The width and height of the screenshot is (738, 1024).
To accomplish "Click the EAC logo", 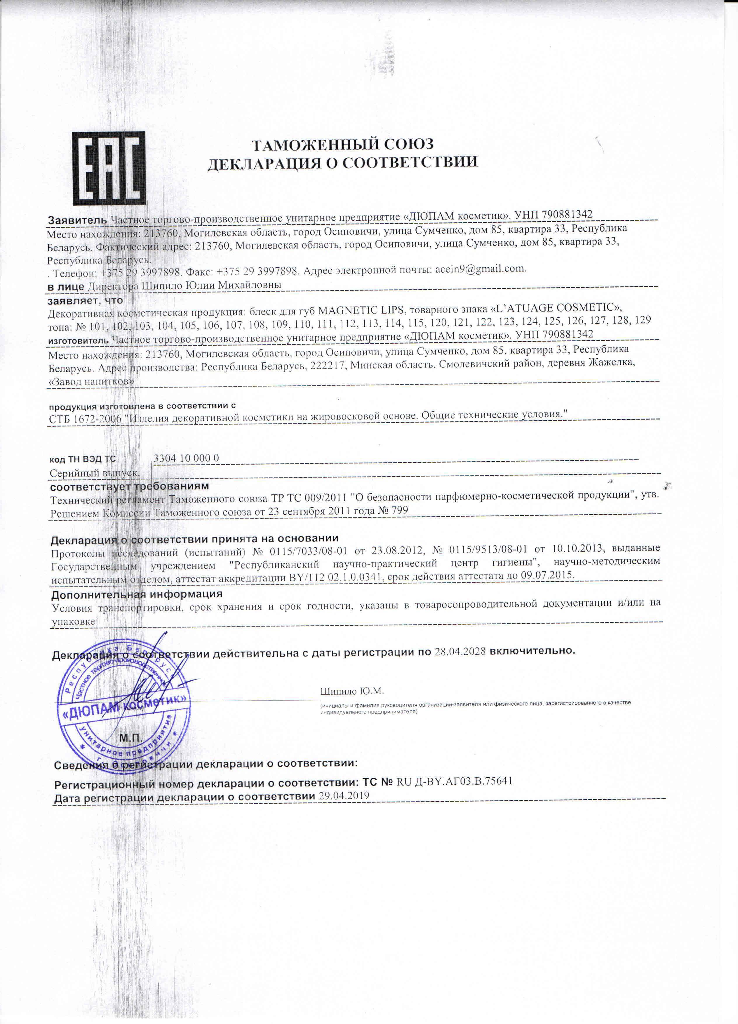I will click(109, 168).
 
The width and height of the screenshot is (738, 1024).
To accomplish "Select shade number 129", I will click(642, 320).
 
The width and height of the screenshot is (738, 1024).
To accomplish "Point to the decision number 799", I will click(400, 511).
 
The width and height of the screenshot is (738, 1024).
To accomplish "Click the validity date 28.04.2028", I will click(460, 651).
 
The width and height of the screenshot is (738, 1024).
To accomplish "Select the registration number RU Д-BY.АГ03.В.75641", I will click(454, 781).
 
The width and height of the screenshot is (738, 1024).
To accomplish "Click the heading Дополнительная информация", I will click(137, 594).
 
